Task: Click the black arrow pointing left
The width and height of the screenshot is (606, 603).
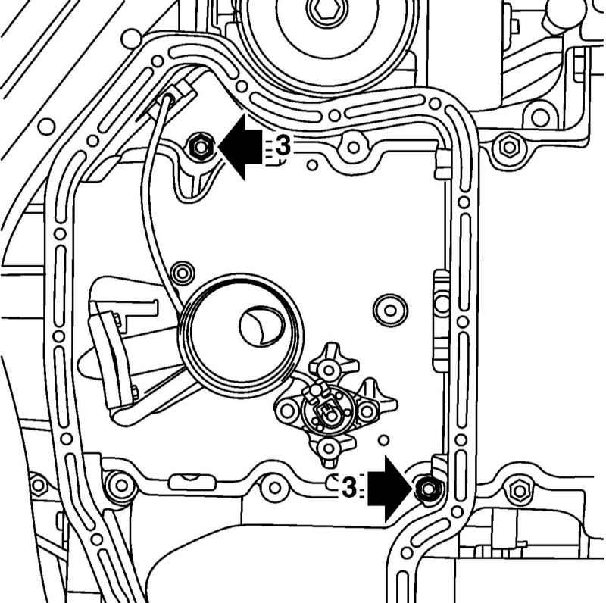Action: [x=239, y=147]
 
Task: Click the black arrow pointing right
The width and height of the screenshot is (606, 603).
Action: [x=389, y=489]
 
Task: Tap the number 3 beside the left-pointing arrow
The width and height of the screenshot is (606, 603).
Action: [x=283, y=147]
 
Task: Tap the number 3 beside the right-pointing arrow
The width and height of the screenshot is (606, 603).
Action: [x=349, y=488]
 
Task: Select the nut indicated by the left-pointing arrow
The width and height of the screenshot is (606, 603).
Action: [x=200, y=147]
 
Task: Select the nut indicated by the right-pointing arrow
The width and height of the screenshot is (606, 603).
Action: [x=428, y=489]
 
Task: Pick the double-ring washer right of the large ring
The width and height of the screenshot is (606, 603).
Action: [x=390, y=311]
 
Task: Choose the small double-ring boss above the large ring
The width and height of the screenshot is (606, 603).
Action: [x=182, y=273]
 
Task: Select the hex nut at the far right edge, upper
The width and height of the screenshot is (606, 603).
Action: [x=508, y=147]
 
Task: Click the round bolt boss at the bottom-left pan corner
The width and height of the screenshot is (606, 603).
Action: [x=121, y=485]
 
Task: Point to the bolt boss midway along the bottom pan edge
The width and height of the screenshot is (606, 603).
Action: [x=274, y=487]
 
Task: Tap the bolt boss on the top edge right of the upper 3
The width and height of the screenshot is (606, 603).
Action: [x=353, y=147]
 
